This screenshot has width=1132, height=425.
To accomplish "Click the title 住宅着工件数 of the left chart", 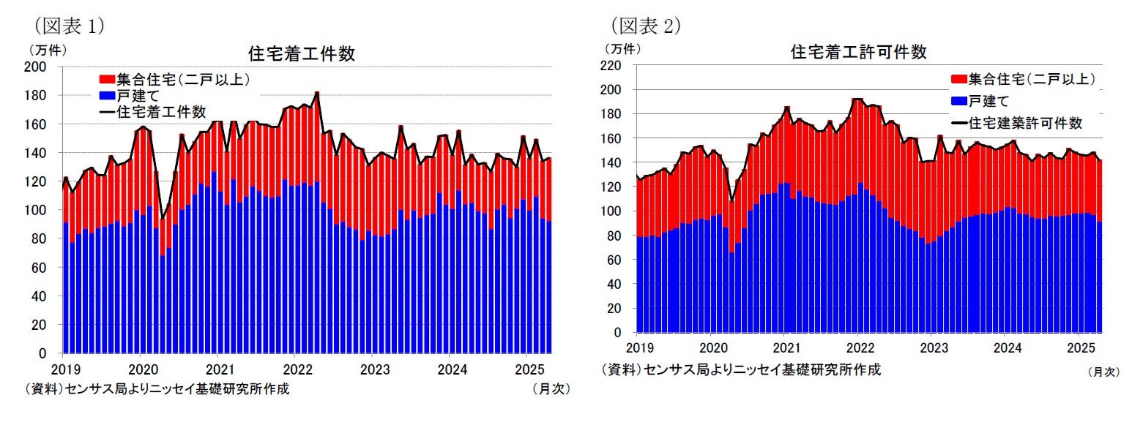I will tap(302, 53).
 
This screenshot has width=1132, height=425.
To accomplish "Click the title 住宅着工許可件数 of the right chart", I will tap(858, 52).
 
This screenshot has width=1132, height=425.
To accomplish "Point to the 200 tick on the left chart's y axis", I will tap(37, 67).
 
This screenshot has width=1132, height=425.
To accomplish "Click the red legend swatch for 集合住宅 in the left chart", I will tap(106, 79).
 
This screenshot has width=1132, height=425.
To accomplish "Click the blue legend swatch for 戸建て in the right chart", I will tap(957, 101).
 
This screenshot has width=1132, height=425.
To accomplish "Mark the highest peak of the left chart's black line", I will tap(316, 93).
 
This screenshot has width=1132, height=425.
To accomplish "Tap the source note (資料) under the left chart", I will tap(157, 388).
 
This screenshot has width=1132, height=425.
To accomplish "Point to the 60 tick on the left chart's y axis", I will tap(41, 268).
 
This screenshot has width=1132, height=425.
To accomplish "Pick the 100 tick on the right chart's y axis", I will tap(613, 211).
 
